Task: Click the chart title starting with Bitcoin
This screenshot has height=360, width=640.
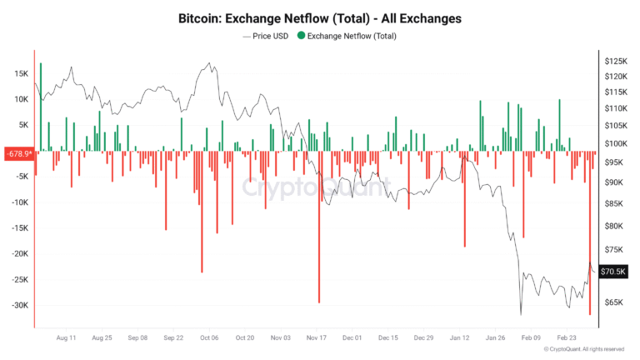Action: coord(320,17)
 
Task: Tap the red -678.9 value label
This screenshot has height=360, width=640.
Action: coord(18,153)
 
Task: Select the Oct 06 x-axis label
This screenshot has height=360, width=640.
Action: coord(209,338)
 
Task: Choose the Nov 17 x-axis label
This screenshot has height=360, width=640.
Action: coord(317,338)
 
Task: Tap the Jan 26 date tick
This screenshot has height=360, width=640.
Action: coord(496,338)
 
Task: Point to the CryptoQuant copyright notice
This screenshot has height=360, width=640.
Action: coord(582,349)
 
